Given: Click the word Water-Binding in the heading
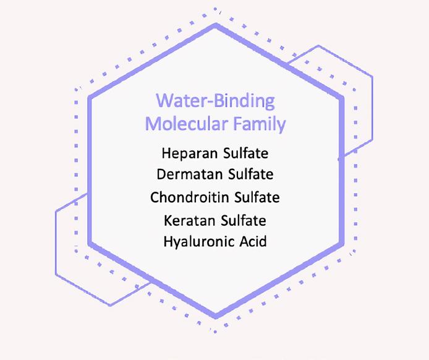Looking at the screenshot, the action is point(215,101).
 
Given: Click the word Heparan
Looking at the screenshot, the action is point(190,153).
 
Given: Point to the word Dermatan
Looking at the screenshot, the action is point(190,174).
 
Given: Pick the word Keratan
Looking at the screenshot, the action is point(190,220).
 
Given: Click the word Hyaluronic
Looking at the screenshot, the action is point(199,242).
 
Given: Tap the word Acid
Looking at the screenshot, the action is point(253,241).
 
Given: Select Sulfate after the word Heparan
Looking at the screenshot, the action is point(245,153).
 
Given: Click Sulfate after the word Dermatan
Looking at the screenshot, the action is point(250,174).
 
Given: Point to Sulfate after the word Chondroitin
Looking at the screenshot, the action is point(257,197).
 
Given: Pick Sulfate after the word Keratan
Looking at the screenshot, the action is point(244,220).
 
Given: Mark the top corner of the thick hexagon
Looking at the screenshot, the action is point(216,25).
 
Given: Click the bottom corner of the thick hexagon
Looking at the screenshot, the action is point(216,317).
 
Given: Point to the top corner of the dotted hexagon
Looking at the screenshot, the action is point(215,9).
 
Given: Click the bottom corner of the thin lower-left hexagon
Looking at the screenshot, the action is point(109,305).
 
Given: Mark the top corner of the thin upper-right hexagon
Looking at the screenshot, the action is point(318,46).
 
